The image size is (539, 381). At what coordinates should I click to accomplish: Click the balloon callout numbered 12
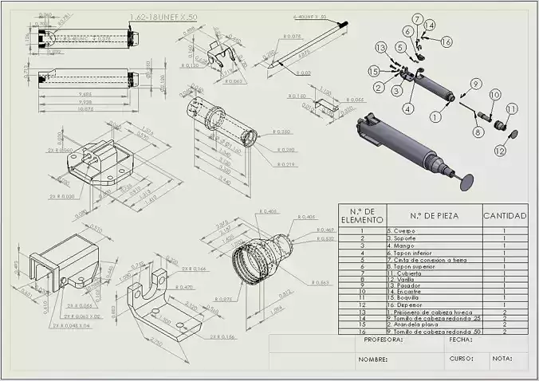pos(500,149)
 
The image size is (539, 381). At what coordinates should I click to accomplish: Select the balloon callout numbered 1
pos(435,116)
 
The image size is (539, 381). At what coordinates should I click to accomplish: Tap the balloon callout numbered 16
pos(446,41)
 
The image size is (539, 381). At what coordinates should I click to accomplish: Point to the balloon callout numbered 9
pos(474,83)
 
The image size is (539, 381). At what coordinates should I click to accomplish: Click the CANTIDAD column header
pos(505,215)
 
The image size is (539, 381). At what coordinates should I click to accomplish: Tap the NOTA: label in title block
pos(502,359)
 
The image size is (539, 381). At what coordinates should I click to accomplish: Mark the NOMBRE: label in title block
pos(372,359)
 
